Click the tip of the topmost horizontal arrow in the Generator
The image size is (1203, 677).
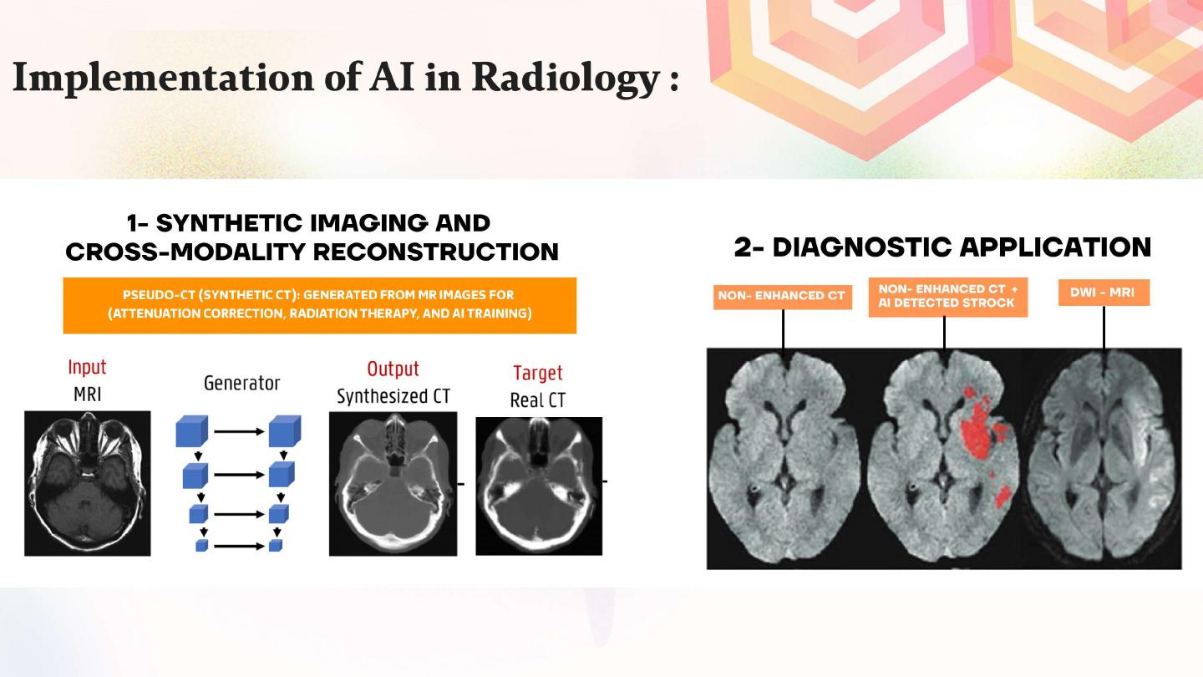point(264,431)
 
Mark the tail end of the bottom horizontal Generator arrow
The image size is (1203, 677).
point(214,547)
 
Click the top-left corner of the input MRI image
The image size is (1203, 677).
point(25,411)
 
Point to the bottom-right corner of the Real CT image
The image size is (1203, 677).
point(602,555)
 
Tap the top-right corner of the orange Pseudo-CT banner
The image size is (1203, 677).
point(576,277)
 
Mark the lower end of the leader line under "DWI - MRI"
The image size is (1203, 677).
point(1104,350)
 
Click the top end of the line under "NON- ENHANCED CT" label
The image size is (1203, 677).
point(783,310)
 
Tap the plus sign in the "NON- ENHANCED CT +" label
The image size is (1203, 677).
point(1014,289)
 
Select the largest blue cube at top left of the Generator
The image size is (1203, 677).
point(192,431)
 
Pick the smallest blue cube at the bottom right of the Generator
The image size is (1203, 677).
point(276,545)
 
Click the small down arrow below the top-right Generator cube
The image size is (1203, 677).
point(283,456)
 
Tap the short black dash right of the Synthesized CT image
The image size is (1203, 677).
point(461,484)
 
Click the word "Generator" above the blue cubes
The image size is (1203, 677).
point(241,383)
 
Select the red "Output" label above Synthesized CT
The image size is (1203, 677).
point(393,369)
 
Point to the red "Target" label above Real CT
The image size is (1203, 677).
point(538,373)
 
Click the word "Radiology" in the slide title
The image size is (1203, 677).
point(566,79)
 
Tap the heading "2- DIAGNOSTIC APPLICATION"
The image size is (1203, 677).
point(942,247)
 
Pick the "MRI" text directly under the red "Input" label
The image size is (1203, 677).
point(88,394)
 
